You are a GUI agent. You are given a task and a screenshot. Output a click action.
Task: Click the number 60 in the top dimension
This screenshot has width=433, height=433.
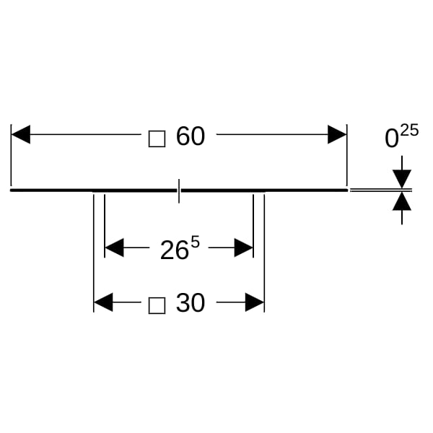tap(191, 136)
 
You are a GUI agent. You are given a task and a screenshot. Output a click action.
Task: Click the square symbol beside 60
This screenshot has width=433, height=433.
tap(157, 139)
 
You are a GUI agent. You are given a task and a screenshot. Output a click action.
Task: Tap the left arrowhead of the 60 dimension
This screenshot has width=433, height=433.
tap(21, 134)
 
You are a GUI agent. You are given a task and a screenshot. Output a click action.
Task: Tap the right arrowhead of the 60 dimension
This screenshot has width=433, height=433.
tap(337, 134)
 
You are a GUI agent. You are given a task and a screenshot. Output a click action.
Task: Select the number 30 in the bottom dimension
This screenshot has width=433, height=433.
tap(191, 303)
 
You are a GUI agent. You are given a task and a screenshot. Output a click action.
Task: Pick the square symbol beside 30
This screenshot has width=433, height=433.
tap(157, 306)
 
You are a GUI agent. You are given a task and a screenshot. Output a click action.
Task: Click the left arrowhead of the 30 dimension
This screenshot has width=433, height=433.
tap(103, 302)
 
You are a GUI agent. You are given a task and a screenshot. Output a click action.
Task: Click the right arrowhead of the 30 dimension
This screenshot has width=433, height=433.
tap(255, 302)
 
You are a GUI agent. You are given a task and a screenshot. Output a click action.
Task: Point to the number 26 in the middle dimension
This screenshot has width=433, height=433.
tap(175, 250)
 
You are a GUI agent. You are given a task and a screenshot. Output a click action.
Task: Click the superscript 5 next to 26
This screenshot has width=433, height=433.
tap(195, 242)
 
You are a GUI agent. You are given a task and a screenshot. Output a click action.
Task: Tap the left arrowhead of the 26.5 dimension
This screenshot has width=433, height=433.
tap(114, 248)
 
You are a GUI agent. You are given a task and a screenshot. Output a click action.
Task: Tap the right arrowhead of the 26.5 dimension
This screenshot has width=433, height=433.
tap(244, 248)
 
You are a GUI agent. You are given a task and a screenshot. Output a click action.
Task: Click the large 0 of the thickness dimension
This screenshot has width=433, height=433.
tap(392, 139)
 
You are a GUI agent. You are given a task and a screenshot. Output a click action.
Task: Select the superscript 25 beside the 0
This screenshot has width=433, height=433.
tap(409, 130)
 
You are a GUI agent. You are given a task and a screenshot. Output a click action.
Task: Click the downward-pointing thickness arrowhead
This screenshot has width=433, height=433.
tap(402, 179)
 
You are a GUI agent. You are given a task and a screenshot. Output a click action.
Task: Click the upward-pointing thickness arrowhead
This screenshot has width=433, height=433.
tap(402, 201)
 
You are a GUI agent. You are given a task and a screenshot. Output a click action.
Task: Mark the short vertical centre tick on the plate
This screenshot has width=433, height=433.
tap(179, 191)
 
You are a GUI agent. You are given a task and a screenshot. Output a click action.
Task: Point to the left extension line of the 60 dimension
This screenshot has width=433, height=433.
tap(11, 155)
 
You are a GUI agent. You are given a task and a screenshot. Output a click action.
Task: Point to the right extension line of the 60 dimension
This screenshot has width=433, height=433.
tap(347, 155)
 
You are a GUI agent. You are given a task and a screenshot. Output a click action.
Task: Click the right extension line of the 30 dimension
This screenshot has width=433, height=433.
tap(264, 253)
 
